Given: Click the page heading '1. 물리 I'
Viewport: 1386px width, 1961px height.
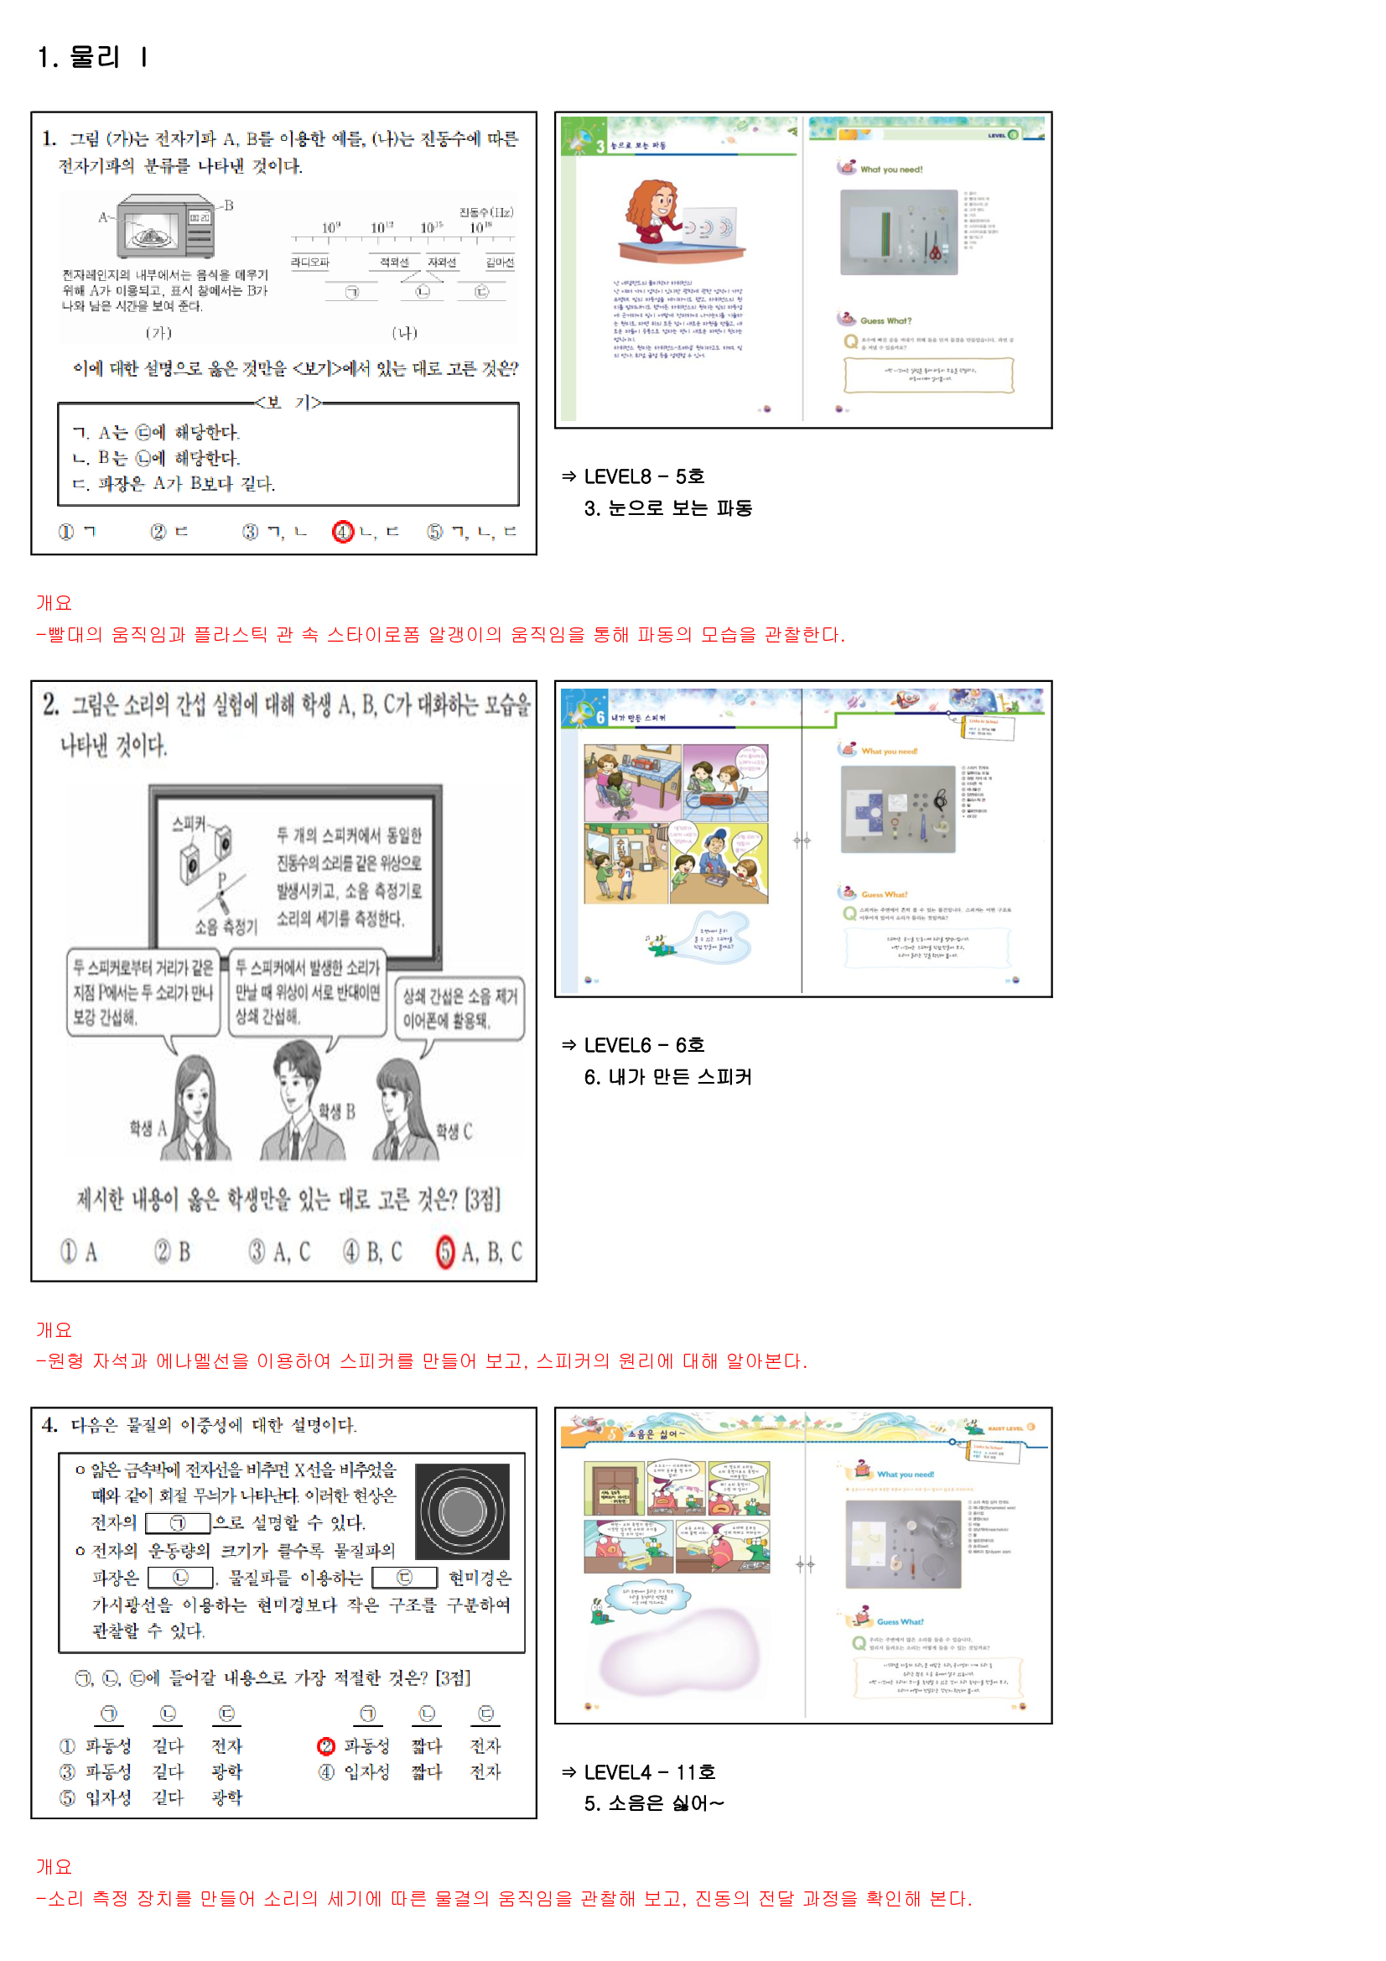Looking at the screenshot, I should tap(92, 57).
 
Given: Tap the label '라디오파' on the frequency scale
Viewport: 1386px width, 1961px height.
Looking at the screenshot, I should tap(310, 263).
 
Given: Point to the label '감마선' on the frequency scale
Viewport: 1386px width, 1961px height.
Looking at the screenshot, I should tap(500, 263).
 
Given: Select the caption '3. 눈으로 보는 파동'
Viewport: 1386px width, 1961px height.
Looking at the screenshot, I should tap(667, 508).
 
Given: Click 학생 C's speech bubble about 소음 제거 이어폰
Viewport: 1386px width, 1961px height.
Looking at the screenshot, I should tap(459, 1009).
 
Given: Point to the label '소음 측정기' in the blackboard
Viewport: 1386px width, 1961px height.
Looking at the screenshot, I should tap(226, 927).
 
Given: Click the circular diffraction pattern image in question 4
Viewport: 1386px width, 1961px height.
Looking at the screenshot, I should tap(462, 1511).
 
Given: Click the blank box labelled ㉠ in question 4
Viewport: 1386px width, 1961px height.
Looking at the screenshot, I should tap(178, 1523).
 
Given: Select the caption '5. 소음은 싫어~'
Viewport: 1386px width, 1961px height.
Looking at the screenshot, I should tap(653, 1803).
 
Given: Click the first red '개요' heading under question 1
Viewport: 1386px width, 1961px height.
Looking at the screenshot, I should tap(54, 603).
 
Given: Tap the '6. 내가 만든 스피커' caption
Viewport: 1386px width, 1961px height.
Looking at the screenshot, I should tap(667, 1077).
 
